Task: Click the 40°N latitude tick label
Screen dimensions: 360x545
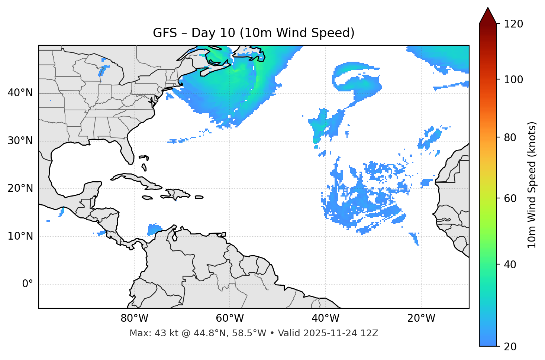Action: click(x=20, y=93)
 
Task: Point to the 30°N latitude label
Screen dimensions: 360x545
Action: click(x=20, y=141)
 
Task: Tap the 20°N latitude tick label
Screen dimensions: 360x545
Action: click(x=20, y=188)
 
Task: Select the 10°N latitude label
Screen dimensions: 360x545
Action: click(x=20, y=236)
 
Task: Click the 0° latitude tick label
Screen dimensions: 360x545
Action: click(x=28, y=284)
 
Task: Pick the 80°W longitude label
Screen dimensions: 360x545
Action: click(x=134, y=318)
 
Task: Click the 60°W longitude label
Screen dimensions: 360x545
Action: click(x=230, y=318)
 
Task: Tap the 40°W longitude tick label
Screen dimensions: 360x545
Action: click(x=325, y=318)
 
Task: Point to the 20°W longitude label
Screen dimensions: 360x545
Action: click(x=421, y=318)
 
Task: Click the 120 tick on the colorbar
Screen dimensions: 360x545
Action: click(x=513, y=24)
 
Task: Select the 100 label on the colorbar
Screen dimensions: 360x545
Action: click(x=513, y=80)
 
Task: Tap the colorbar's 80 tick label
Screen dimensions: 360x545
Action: click(x=510, y=137)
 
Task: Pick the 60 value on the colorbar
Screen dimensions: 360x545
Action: click(x=510, y=198)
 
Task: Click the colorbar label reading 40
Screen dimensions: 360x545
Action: click(x=510, y=265)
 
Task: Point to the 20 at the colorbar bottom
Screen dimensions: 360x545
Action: click(x=510, y=347)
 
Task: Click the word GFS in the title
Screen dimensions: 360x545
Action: click(x=165, y=33)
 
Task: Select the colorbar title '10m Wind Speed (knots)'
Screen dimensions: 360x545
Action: click(x=532, y=185)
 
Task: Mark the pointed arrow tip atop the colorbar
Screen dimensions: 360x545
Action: click(x=488, y=8)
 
